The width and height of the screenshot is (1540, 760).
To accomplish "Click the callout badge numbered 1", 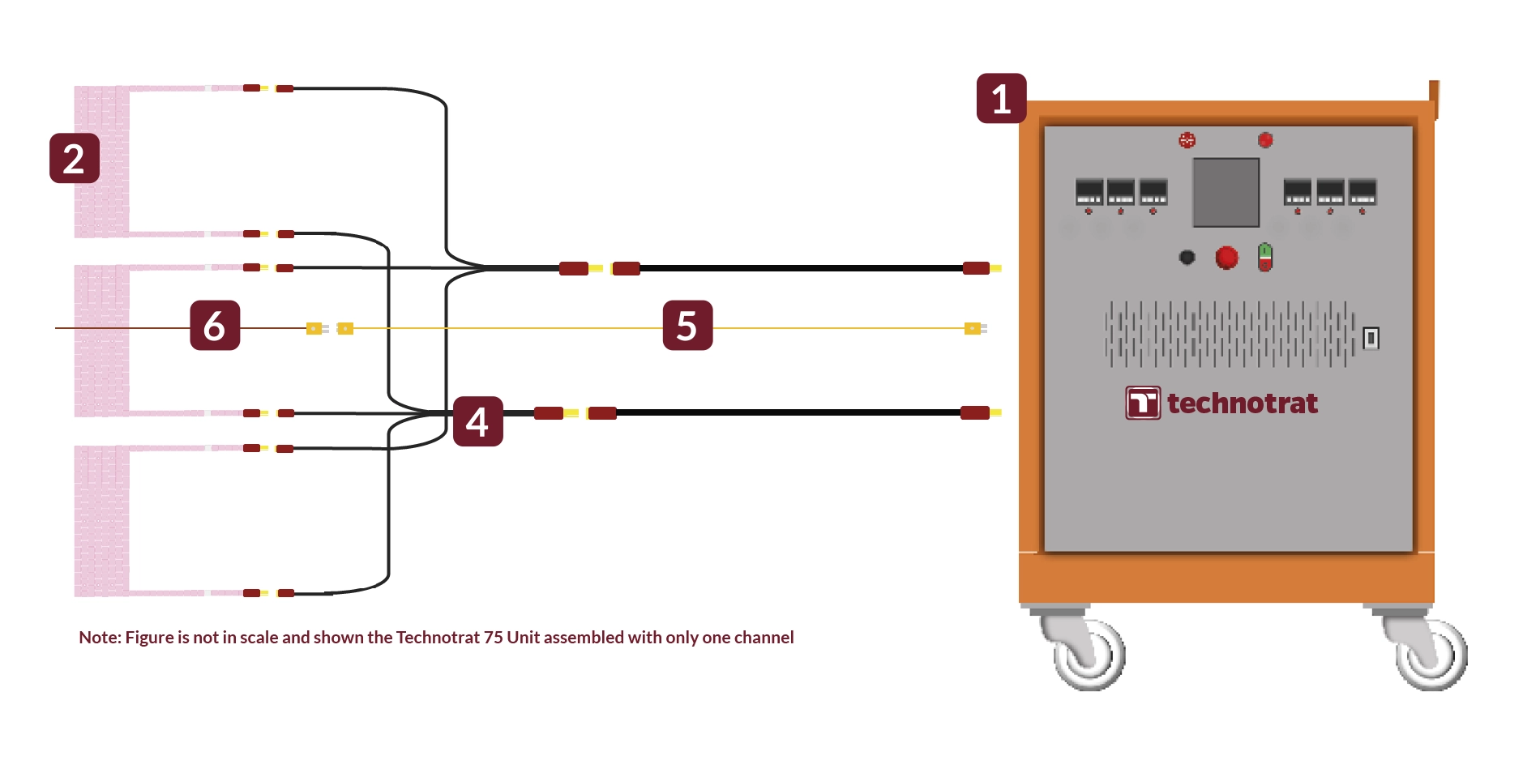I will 1001,99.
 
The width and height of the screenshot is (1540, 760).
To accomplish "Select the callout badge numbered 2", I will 74,158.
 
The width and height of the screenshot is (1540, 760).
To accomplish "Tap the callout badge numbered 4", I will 477,421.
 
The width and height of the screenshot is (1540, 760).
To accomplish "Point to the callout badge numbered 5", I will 687,325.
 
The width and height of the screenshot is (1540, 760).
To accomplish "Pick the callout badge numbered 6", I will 215,325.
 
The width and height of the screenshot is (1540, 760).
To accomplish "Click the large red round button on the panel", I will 1226,258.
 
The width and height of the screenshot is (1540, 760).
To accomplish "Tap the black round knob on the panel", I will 1187,258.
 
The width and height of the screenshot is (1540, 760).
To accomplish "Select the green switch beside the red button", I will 1264,257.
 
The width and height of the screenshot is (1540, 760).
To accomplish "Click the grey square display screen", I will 1226,192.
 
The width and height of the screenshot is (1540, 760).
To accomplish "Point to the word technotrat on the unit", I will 1243,403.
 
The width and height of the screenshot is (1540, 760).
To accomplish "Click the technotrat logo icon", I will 1143,403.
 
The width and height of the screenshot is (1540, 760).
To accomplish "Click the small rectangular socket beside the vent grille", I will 1371,337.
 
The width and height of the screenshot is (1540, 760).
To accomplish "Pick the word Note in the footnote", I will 99,638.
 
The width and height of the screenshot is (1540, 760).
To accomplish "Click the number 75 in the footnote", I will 494,638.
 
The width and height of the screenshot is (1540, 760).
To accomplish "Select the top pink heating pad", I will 101,160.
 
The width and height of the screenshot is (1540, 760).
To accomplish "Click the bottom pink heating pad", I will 101,520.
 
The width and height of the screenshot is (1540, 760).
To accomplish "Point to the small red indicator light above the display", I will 1265,140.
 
